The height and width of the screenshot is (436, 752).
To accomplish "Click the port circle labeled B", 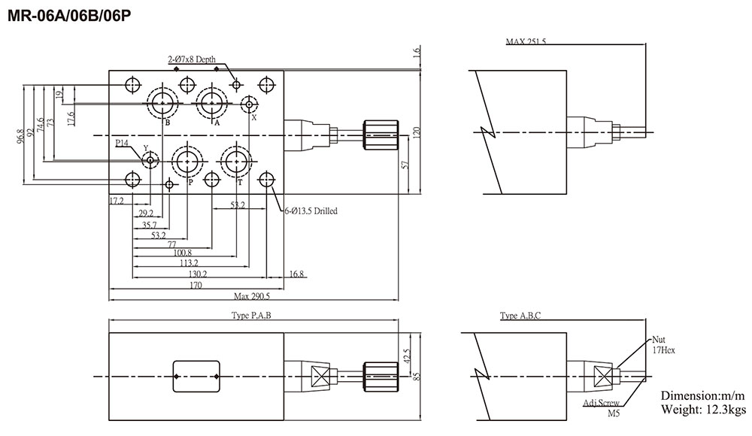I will (162, 102).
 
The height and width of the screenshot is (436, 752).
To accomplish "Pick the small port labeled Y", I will (150, 160).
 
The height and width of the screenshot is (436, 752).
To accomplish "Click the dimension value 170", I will (196, 286).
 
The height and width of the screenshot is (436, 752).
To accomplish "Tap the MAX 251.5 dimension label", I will (526, 41).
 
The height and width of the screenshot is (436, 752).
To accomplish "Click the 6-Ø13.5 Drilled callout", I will (306, 211).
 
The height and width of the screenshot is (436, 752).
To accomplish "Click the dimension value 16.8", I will (296, 274).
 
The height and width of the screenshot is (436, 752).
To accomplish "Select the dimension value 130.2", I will (199, 274).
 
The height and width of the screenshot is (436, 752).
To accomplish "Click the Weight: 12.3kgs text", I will (702, 410).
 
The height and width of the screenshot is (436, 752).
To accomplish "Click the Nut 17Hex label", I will (661, 344).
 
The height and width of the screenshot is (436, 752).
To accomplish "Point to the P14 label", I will (123, 141).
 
